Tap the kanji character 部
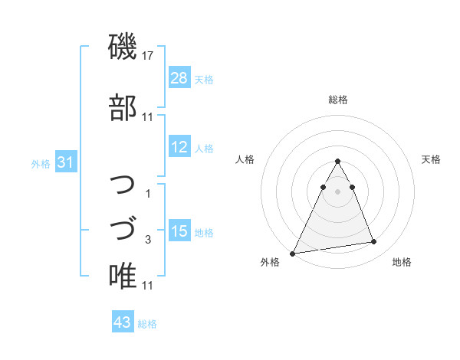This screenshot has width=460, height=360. pos(123,107)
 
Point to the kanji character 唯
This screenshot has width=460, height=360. pos(123,276)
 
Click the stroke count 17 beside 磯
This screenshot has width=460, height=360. pos(148,56)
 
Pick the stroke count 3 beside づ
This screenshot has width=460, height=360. pos(148,240)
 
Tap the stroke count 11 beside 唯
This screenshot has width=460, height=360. pos(148,286)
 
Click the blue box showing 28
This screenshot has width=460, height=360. pos(179,78)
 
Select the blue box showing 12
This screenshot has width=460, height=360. pos(179,147)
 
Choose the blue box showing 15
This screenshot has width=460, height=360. pos(179,231)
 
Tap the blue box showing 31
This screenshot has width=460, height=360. pos(65,162)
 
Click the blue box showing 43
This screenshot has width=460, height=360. pos(122,322)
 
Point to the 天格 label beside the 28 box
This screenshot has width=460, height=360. pos(204,79)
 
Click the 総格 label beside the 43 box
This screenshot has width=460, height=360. pos(147,323)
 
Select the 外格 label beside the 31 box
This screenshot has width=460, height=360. pos(41,163)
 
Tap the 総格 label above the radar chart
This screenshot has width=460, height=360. pos(338,100)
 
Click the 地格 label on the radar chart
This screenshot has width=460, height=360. pos(402,263)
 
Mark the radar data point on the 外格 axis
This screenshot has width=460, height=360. pos(293,253)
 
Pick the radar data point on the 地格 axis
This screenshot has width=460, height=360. pos(374,242)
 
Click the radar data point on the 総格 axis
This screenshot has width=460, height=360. pos(337,162)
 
